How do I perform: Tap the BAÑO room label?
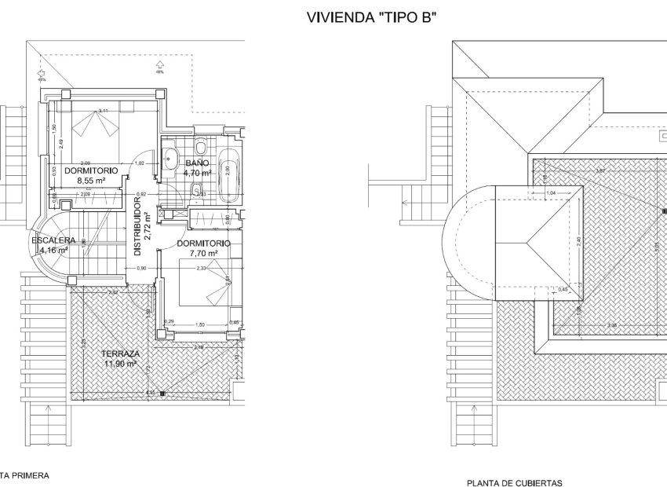[x=198, y=162]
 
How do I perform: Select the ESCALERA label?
[x=53, y=240]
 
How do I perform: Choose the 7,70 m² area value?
[x=202, y=254]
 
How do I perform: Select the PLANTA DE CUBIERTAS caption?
[x=513, y=483]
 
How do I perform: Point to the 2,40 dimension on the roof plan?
[x=580, y=242]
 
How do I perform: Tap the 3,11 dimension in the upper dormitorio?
[x=103, y=110]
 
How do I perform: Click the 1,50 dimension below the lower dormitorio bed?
[x=199, y=324]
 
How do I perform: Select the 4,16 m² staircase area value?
[x=53, y=251]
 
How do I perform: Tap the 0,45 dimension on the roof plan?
[x=563, y=290]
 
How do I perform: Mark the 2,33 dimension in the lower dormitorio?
[x=202, y=269]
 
